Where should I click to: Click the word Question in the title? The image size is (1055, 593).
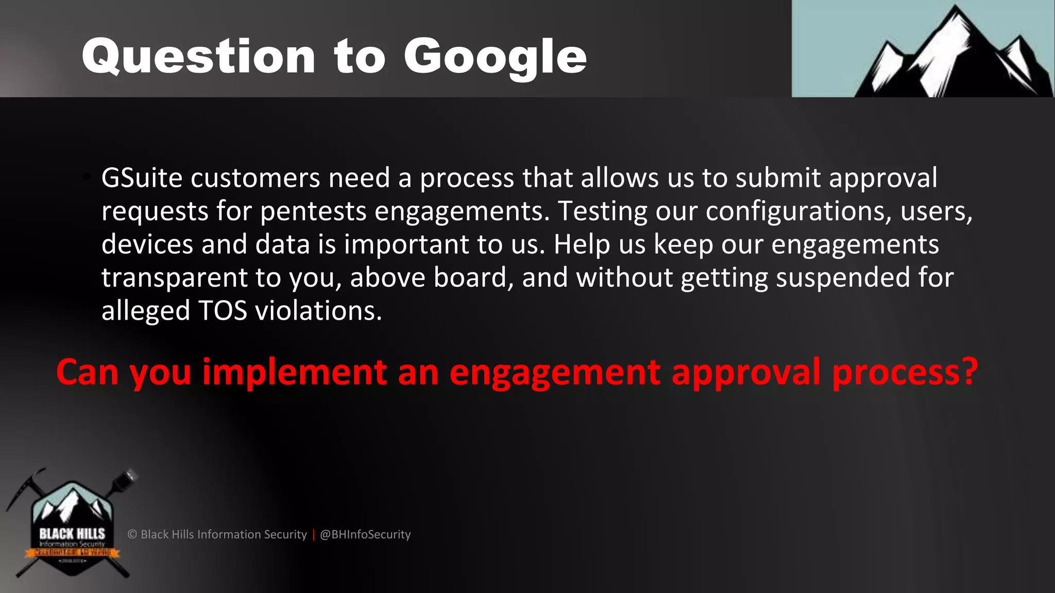(x=198, y=58)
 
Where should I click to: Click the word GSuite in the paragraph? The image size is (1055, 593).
(x=142, y=179)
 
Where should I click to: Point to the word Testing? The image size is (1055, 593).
(x=602, y=212)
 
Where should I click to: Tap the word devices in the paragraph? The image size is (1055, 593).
(x=147, y=245)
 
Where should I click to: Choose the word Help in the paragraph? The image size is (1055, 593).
(x=582, y=245)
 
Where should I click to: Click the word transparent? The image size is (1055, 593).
(x=174, y=278)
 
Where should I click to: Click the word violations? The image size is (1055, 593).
(x=318, y=311)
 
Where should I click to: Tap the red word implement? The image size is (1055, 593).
(x=294, y=372)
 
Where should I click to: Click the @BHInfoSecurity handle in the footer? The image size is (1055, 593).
(x=365, y=535)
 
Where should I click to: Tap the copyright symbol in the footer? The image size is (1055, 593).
(x=132, y=535)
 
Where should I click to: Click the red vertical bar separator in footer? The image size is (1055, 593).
(x=313, y=535)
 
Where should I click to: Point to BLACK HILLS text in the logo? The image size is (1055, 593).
(x=72, y=534)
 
